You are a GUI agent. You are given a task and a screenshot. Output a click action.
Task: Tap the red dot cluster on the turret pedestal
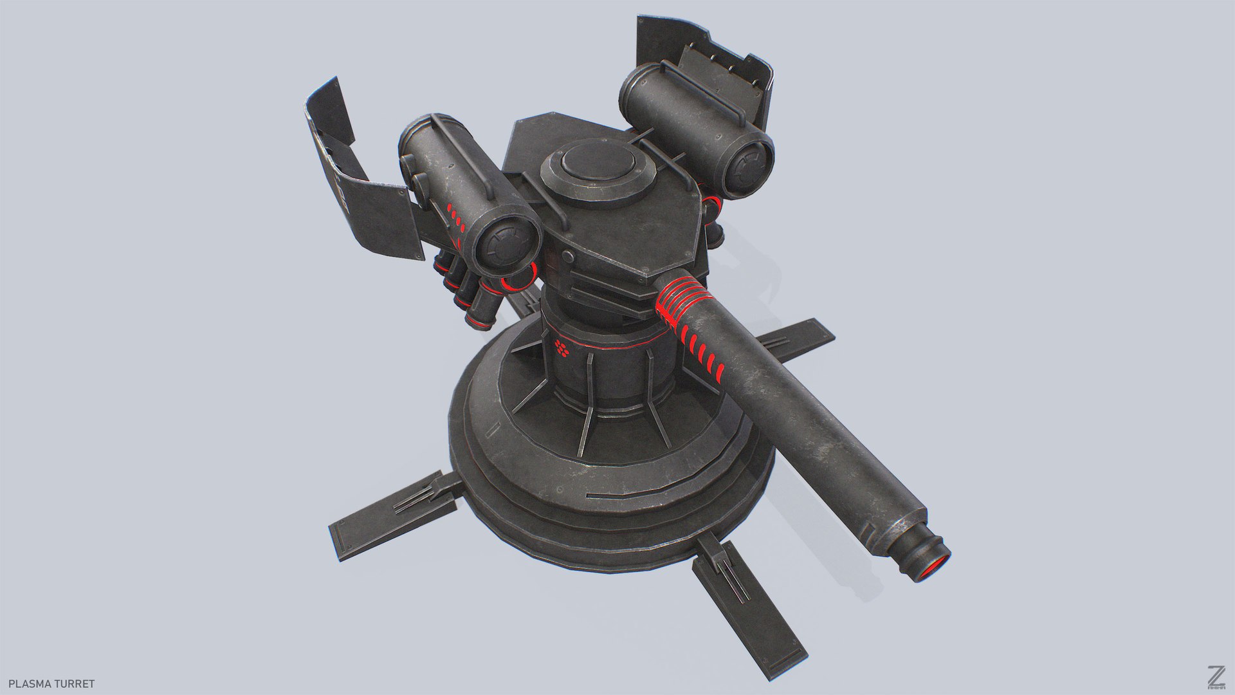click(x=562, y=349)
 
